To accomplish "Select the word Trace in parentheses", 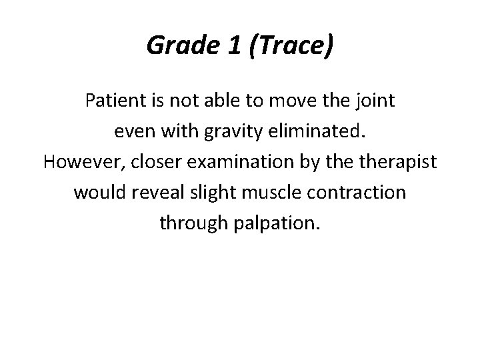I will (x=290, y=45).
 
